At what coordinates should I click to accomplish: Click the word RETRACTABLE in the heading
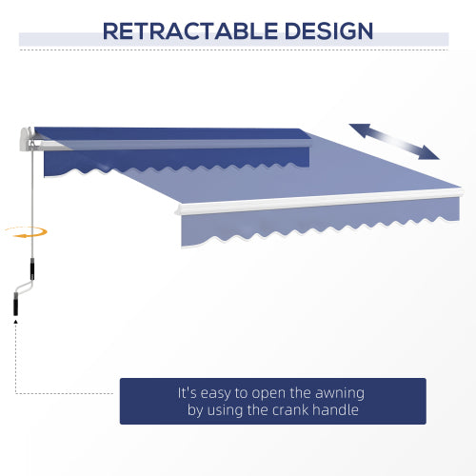coord(189,30)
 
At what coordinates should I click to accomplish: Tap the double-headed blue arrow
coord(394,141)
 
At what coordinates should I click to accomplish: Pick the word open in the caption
coord(265,392)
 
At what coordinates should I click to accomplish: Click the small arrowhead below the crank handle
coord(15,325)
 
